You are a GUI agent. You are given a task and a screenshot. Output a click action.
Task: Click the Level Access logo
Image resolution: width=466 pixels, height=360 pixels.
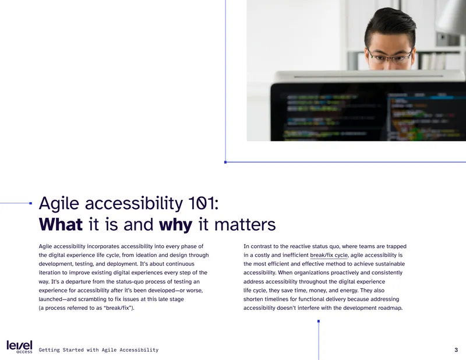point(19,347)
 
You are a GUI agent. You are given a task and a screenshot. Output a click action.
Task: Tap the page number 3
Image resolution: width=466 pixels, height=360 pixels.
point(456,350)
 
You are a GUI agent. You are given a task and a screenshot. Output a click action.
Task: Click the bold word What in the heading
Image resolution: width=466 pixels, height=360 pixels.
point(61,224)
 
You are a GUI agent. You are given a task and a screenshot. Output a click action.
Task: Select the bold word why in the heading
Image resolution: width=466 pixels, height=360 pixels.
point(176,225)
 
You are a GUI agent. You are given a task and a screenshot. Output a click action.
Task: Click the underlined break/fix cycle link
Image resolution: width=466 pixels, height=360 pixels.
point(329,255)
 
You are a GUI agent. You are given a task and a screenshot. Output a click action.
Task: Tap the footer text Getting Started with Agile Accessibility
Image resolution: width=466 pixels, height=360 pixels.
point(98,350)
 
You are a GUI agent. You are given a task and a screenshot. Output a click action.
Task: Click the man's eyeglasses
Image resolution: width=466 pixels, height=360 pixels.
point(389,55)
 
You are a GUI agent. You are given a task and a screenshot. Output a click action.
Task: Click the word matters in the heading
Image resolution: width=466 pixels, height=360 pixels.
point(245,224)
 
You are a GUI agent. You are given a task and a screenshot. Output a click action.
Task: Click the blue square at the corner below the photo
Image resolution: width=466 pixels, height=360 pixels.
point(225,162)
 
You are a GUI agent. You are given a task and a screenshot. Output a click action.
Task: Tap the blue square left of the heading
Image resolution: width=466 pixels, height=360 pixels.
point(31,203)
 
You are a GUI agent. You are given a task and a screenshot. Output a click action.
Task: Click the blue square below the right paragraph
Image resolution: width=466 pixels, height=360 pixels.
point(319,321)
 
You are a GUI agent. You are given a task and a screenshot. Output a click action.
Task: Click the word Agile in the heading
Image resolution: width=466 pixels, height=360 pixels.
point(59,204)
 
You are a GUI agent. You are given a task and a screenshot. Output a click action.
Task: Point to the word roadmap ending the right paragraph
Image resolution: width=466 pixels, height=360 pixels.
point(390,308)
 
